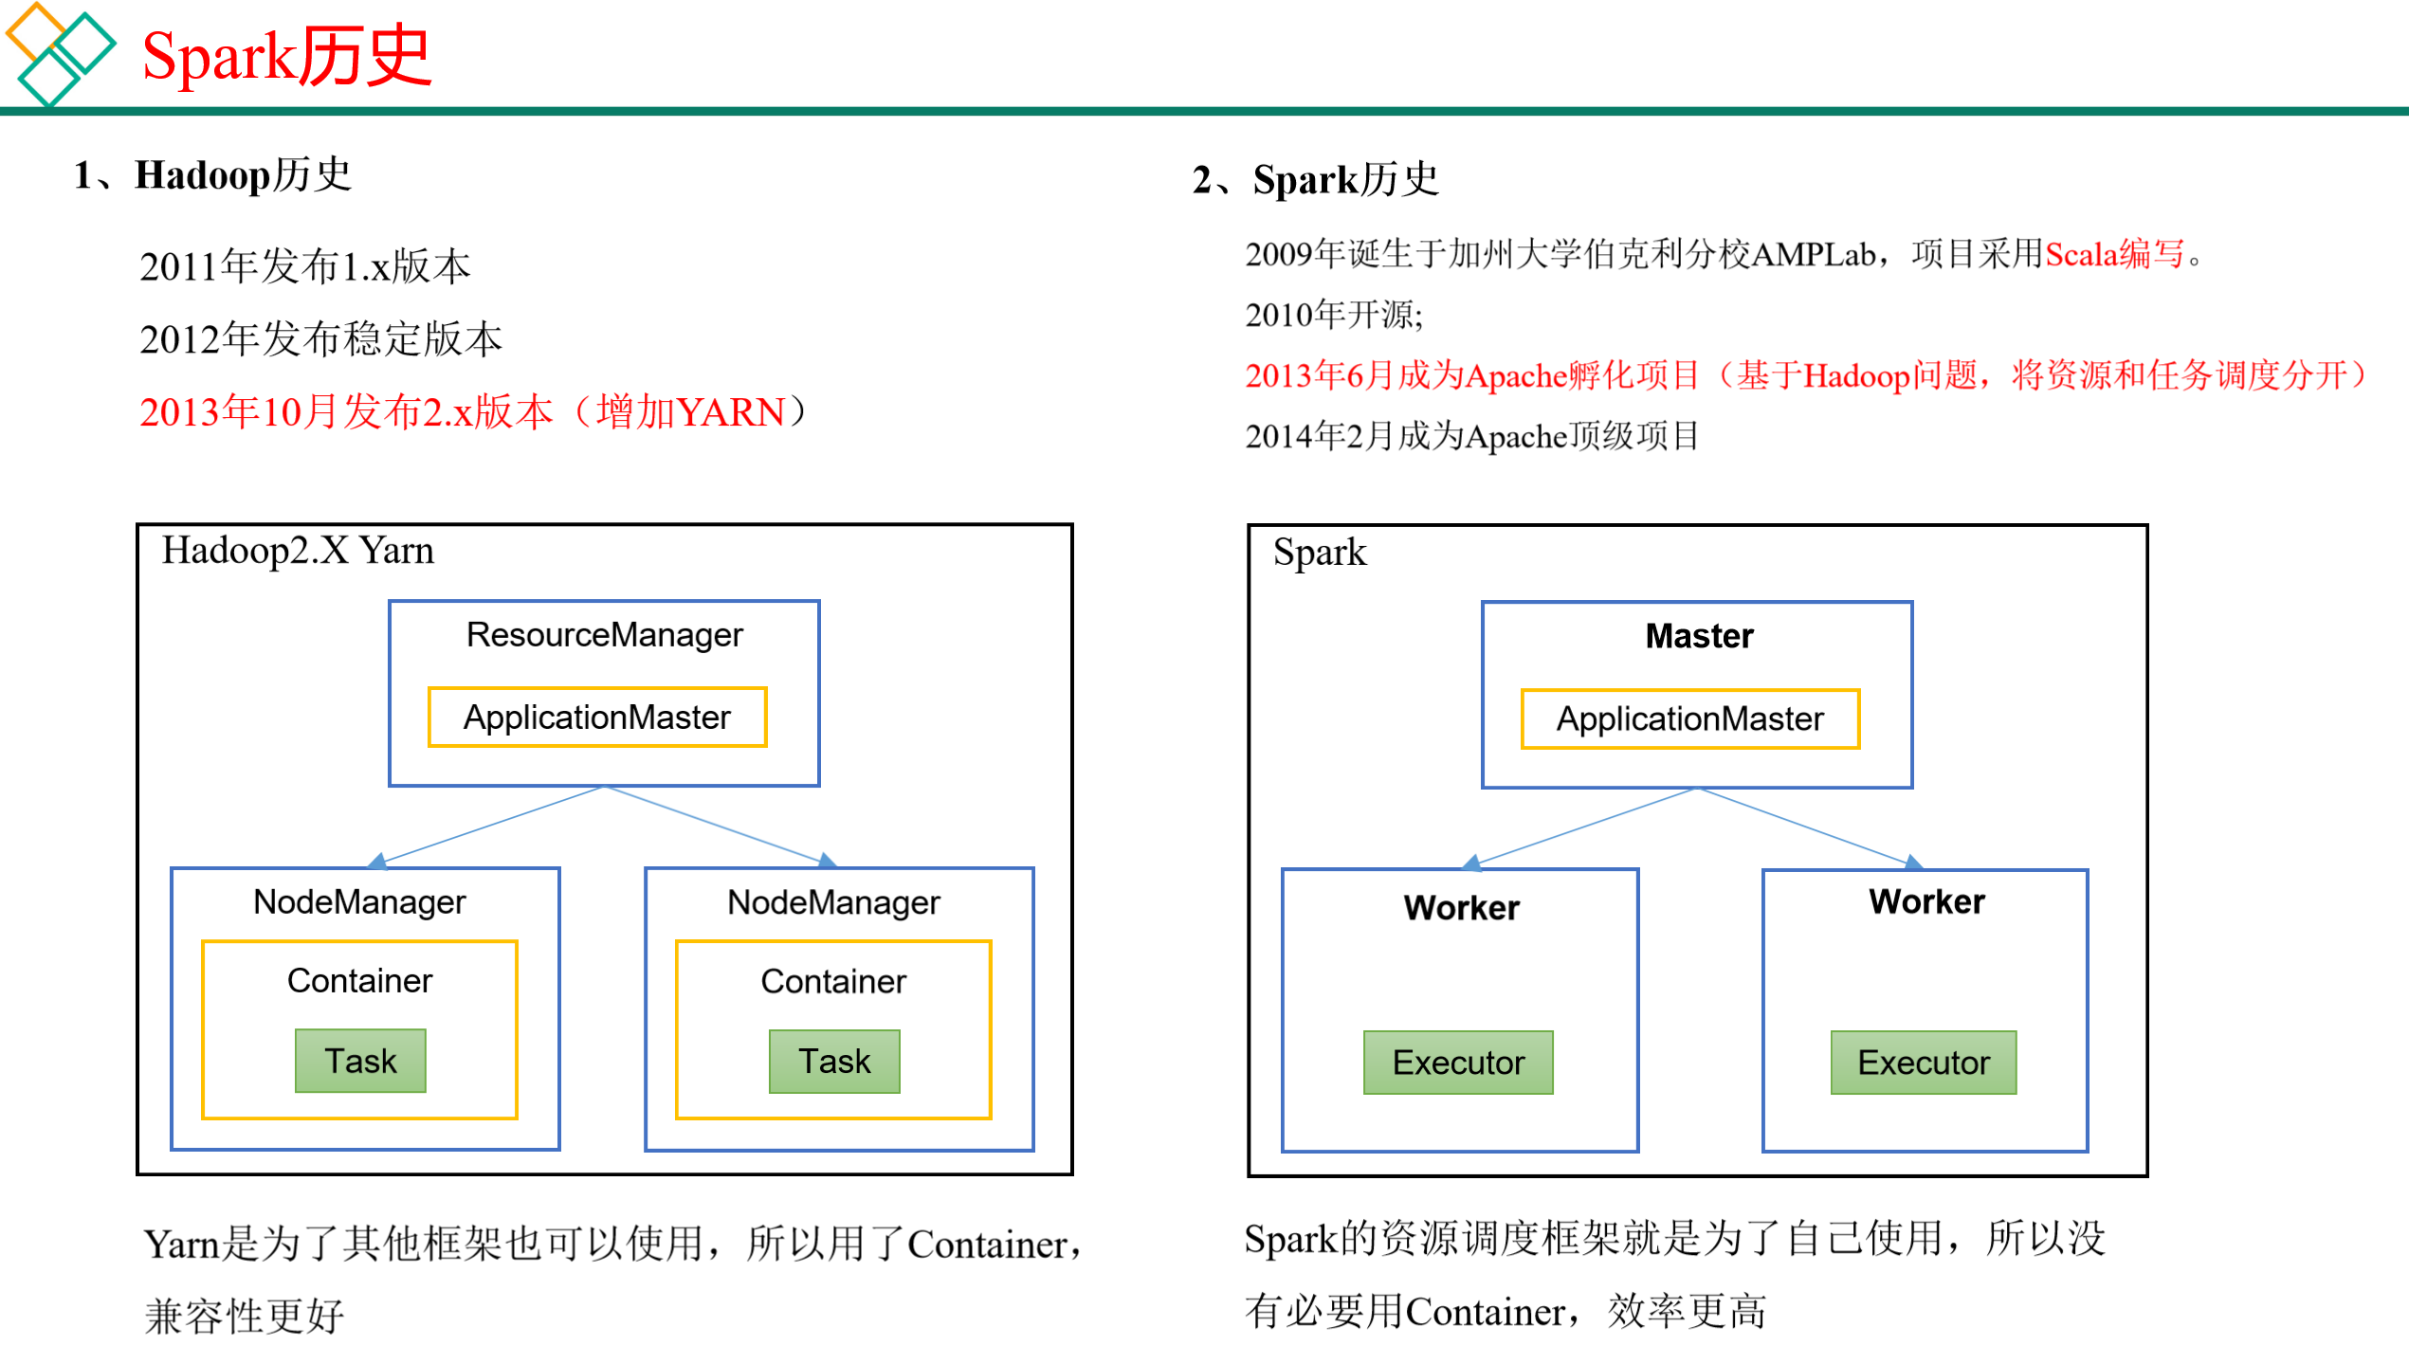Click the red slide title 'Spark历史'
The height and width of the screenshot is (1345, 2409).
tap(286, 57)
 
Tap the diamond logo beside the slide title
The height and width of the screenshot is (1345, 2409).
tap(59, 55)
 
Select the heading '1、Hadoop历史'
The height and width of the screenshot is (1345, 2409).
tap(213, 175)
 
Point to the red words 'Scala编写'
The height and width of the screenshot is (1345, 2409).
tap(2114, 254)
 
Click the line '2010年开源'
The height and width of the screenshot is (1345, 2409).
tap(1333, 315)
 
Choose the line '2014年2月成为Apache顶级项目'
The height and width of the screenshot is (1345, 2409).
tap(1471, 436)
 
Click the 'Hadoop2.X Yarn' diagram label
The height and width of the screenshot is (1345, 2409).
tap(298, 551)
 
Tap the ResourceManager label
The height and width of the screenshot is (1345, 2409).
tap(604, 635)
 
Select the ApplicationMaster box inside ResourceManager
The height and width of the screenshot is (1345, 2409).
tap(597, 718)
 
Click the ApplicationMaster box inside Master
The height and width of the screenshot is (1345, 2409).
tap(1689, 719)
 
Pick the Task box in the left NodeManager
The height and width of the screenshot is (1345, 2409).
tap(360, 1062)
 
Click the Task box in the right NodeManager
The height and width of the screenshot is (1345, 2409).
tap(834, 1062)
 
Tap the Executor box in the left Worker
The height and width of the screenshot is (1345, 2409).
tap(1458, 1063)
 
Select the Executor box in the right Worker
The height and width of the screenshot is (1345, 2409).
tap(1924, 1063)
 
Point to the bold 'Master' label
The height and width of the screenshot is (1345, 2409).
tap(1699, 636)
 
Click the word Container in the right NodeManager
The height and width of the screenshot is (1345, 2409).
tap(833, 981)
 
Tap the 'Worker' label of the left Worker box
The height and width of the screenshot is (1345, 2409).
tap(1461, 908)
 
